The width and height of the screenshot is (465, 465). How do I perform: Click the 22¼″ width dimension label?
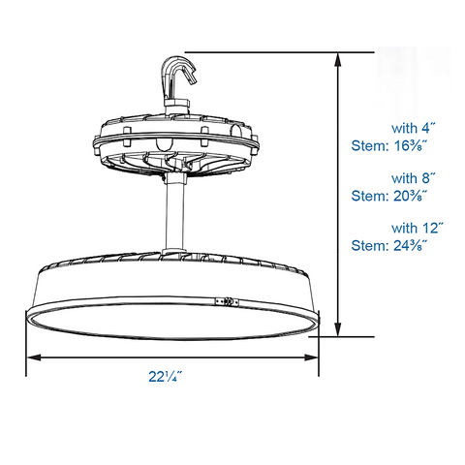coord(171,377)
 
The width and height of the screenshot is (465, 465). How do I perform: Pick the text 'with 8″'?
coord(414,178)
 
